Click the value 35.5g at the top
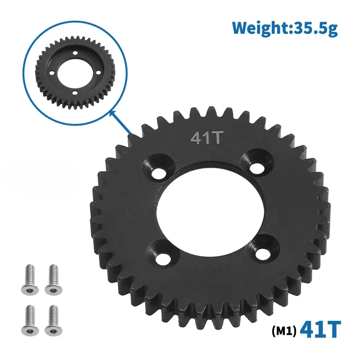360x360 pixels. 314,28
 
